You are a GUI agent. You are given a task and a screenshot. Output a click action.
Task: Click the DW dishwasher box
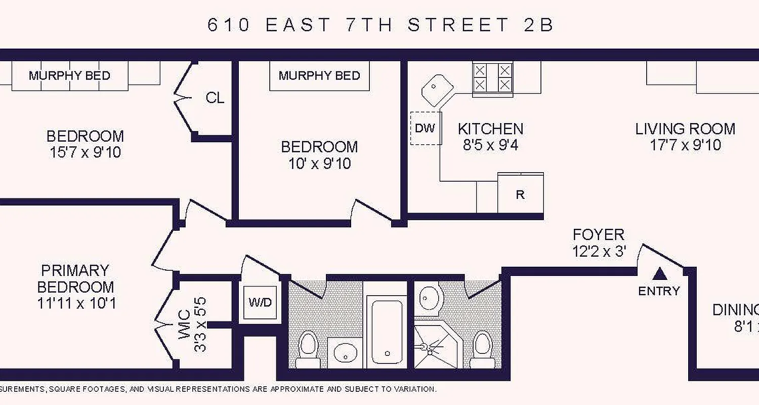pyautogui.click(x=426, y=128)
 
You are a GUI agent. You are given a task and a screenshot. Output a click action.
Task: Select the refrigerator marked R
pyautogui.click(x=520, y=195)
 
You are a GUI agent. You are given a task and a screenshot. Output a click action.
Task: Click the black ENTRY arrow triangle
pyautogui.click(x=658, y=274)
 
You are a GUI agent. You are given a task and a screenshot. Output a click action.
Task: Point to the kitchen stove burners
pyautogui.click(x=492, y=77)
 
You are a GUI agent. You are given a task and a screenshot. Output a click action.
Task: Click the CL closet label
pyautogui.click(x=215, y=98)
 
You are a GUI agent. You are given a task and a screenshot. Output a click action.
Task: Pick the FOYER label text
pyautogui.click(x=598, y=235)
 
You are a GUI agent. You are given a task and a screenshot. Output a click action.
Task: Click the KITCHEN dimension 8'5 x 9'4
pyautogui.click(x=490, y=145)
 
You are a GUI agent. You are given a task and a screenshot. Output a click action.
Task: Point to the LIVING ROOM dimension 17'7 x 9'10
pyautogui.click(x=685, y=145)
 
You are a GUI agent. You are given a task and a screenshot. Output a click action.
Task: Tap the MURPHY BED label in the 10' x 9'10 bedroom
pyautogui.click(x=319, y=76)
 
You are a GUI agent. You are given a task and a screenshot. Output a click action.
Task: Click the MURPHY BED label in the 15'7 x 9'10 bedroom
pyautogui.click(x=69, y=76)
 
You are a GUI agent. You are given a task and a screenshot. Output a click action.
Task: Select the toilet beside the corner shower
pyautogui.click(x=482, y=349)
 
